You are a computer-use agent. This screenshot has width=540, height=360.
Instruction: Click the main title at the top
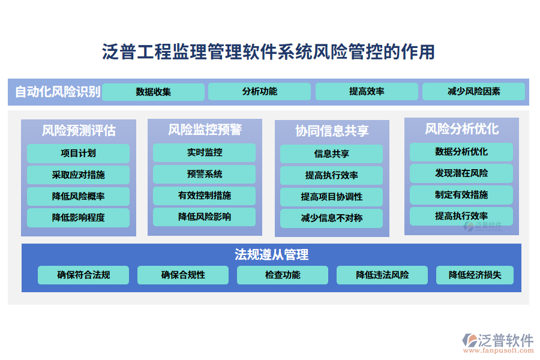[x=268, y=52]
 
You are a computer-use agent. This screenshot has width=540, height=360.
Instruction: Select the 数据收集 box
[x=153, y=92]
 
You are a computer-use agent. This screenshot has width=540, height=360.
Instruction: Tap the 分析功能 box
[x=259, y=91]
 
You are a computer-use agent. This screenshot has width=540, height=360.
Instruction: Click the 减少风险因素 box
[x=473, y=91]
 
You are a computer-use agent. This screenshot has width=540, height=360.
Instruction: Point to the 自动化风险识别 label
[x=58, y=92]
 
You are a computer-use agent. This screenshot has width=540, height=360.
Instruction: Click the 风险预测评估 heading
[x=79, y=131]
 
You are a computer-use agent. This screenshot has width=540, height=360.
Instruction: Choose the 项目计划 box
[x=78, y=154]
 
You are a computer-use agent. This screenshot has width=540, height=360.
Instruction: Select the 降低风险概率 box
[x=78, y=196]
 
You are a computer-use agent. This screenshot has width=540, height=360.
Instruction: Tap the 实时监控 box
[x=204, y=152]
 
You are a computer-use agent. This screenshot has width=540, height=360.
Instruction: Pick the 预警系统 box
[x=204, y=175]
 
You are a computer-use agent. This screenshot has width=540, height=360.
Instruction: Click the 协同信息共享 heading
[x=332, y=131]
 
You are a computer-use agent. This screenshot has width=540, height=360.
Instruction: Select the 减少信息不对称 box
[x=331, y=218]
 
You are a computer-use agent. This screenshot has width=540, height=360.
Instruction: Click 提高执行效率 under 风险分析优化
[x=461, y=216]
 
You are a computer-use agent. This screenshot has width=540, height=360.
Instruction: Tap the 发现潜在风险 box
[x=461, y=173]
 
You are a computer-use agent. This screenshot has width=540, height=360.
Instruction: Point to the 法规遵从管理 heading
[x=271, y=254]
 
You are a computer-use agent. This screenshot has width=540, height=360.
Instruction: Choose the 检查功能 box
[x=283, y=275]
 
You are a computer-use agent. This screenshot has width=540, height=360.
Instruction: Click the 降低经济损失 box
[x=475, y=275]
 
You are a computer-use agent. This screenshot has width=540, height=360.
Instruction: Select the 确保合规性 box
[x=183, y=275]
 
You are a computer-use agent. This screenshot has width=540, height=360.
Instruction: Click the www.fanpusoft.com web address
[x=499, y=350]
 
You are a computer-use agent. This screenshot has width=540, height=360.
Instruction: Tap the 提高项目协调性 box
[x=331, y=197]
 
